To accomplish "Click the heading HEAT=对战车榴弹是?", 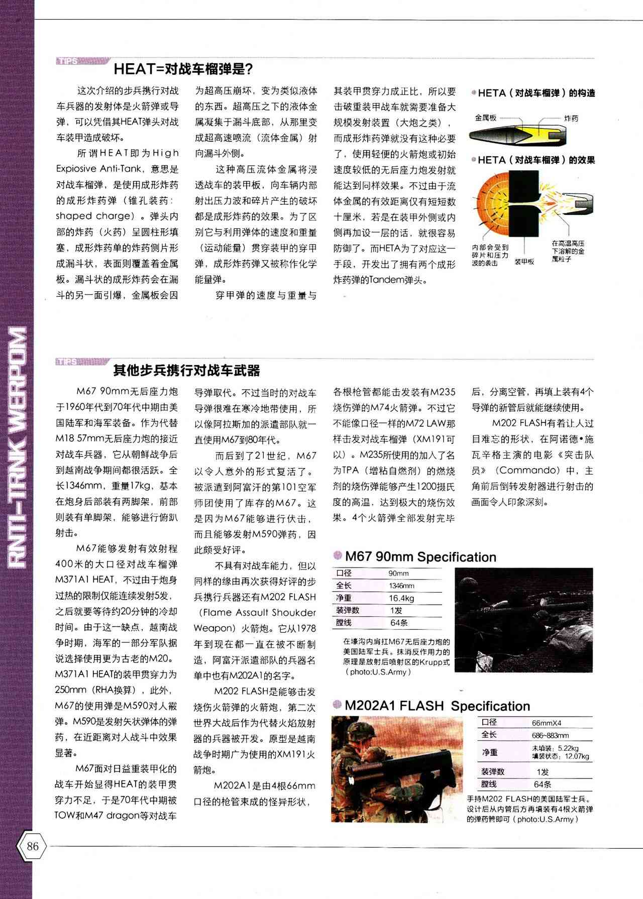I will coord(183,68).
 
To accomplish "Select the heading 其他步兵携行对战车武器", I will coord(186,371).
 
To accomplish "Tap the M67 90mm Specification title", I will coord(420,557).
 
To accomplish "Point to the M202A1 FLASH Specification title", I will coord(437,706).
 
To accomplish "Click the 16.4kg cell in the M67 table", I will coord(401,598).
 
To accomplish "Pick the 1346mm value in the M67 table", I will coord(401,586).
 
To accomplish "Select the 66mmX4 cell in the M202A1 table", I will coord(547,723).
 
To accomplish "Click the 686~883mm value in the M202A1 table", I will coord(550,735).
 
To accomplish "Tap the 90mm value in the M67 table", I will coord(398,573).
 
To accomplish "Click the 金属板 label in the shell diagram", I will coord(485,118).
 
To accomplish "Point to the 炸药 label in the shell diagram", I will coord(571,119).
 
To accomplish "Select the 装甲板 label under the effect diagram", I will coord(524,262).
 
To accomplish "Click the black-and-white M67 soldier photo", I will coord(523,620).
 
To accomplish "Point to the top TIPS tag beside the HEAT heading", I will coord(68,61).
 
